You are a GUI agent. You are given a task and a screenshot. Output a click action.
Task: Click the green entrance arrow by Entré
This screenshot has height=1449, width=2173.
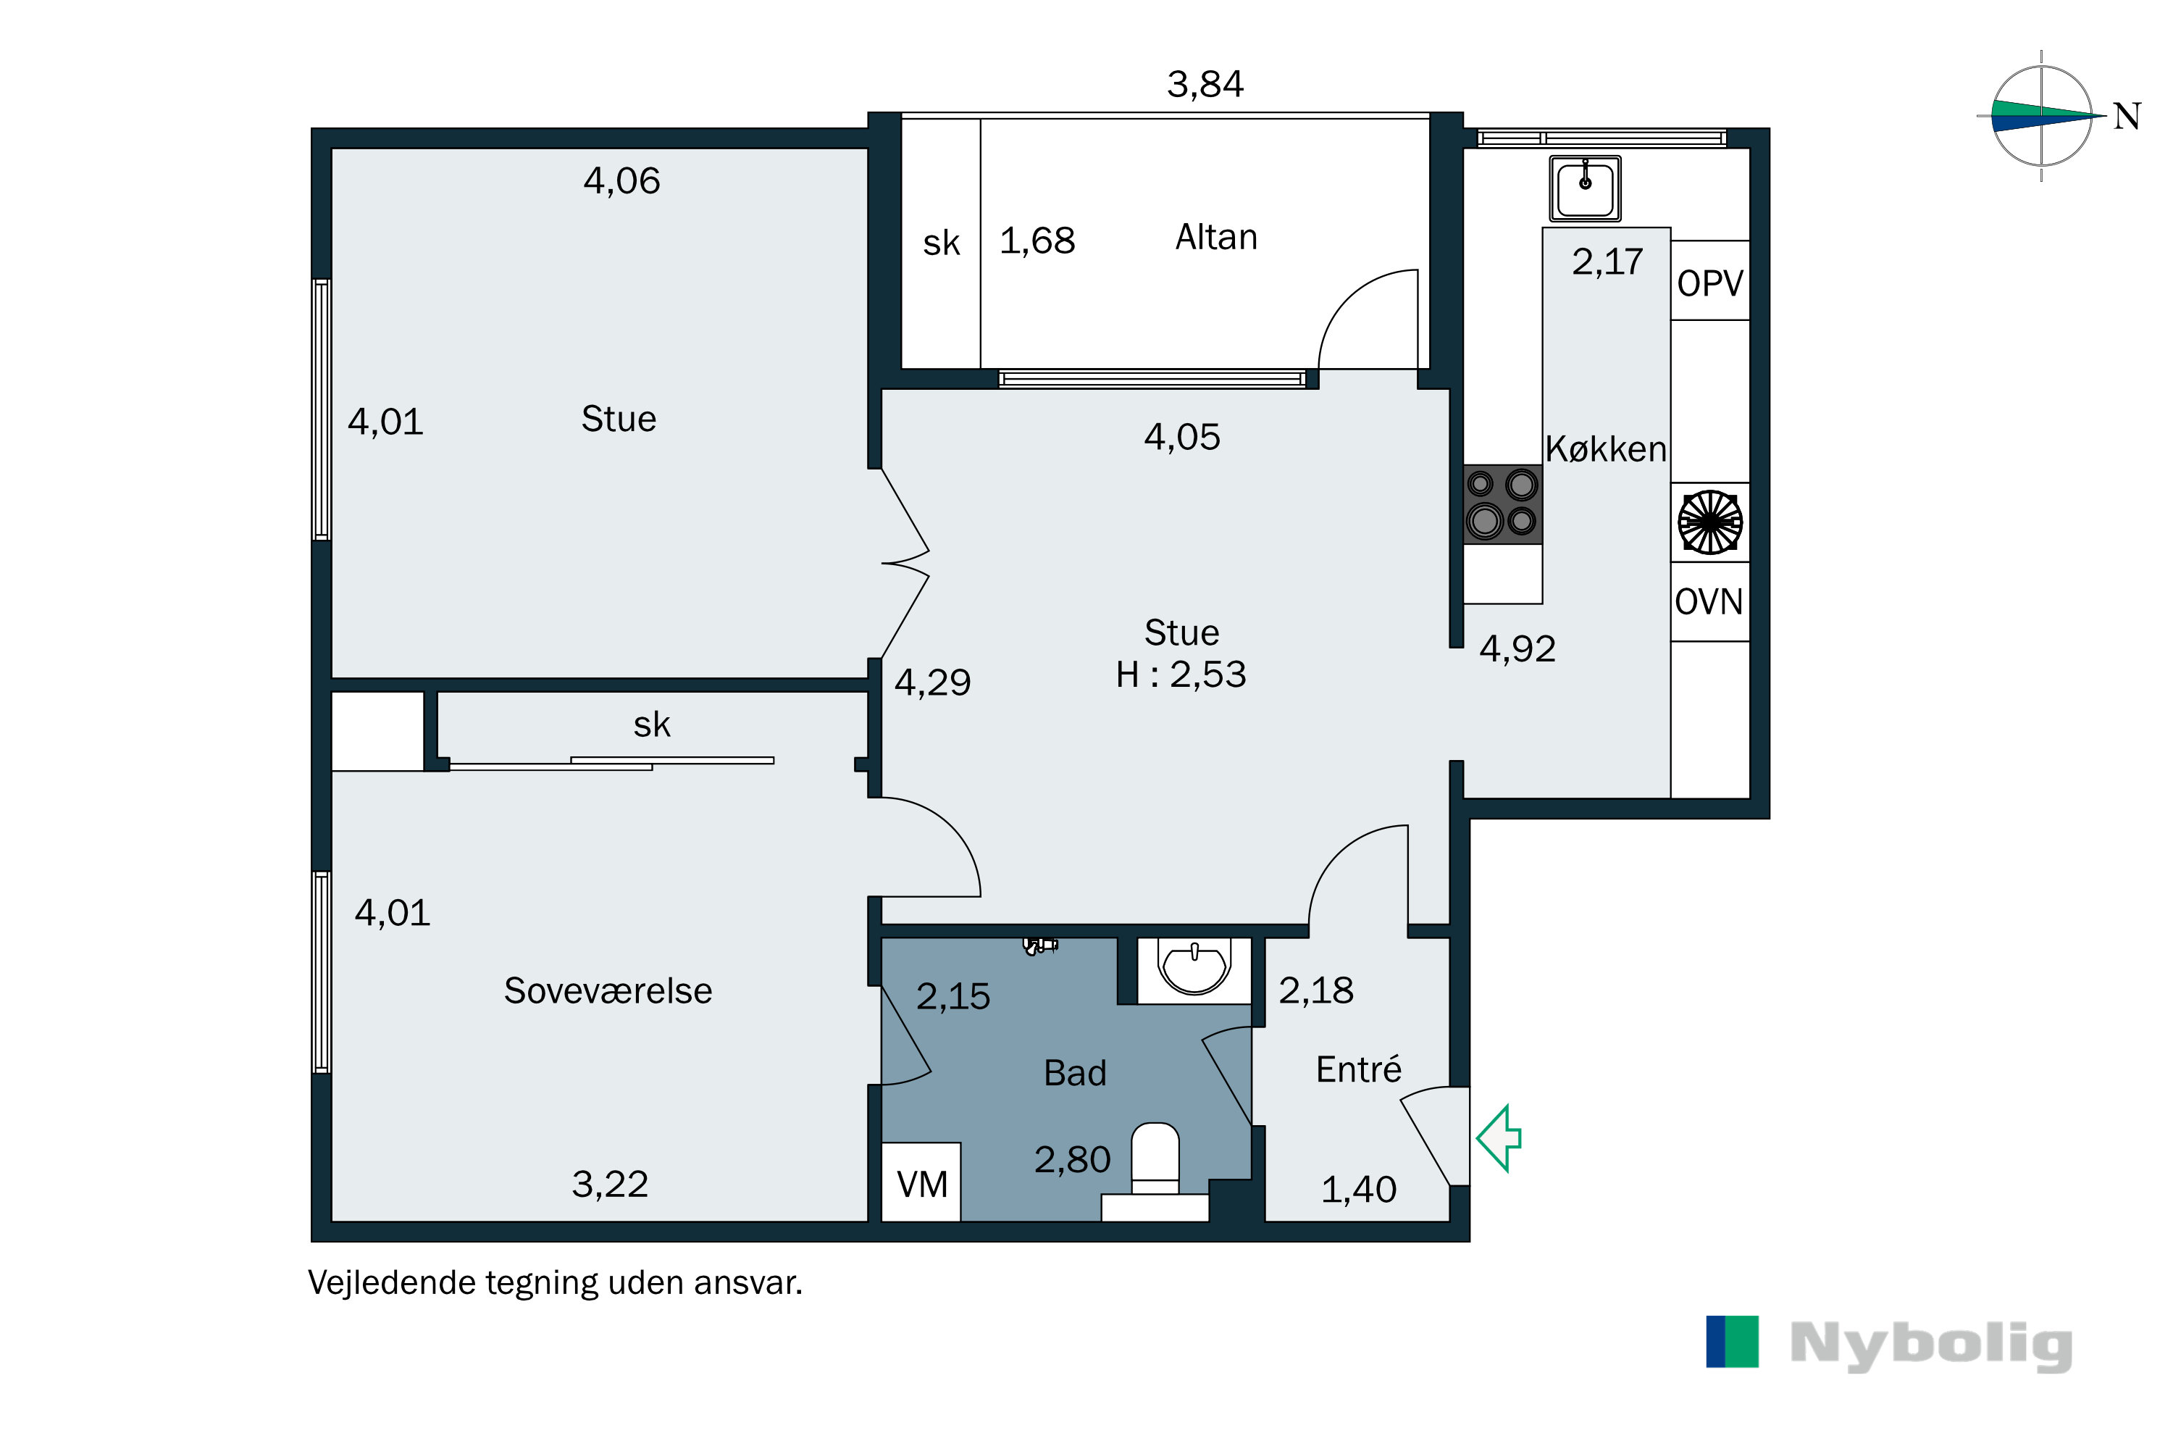coord(1499,1138)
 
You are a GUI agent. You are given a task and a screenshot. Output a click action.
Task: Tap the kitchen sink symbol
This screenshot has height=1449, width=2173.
coord(1585,188)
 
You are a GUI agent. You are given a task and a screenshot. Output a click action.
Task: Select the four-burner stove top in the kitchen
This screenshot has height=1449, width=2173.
coord(1502,504)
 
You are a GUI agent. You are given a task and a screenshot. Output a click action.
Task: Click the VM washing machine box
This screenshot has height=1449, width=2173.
coord(921,1184)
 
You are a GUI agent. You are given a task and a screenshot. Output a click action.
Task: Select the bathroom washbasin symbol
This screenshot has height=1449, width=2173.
coord(1194,967)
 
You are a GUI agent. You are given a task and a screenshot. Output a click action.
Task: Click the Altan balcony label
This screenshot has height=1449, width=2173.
coord(1216,238)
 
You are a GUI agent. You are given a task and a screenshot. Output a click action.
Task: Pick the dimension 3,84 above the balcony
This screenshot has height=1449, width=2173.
coord(1205,85)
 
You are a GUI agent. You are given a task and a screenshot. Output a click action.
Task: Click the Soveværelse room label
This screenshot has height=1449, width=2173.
coord(607,990)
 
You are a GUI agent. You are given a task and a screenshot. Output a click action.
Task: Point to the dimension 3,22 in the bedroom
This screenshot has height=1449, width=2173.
coord(610,1184)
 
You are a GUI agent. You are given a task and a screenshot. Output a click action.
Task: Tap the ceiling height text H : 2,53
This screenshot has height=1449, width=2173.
coord(1181,675)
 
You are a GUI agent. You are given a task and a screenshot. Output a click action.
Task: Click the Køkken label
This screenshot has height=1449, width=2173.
coord(1606,449)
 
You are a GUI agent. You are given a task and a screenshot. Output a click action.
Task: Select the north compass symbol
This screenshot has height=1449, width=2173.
coord(2041,117)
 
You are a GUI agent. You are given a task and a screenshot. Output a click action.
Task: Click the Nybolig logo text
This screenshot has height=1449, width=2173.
coord(1931,1345)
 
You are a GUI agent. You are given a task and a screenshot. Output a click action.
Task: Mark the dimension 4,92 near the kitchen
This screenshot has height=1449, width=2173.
coord(1517,648)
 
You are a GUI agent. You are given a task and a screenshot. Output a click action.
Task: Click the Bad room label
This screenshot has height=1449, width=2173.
coord(1074,1073)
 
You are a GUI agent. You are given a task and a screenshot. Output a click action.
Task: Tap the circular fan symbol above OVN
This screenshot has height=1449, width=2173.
coord(1709,522)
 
